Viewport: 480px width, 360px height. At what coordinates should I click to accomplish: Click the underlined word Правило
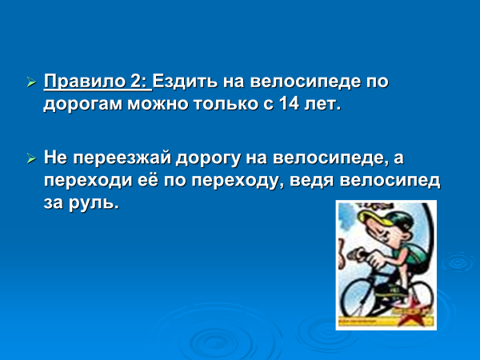(x=83, y=82)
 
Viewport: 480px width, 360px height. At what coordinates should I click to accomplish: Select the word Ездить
(x=185, y=82)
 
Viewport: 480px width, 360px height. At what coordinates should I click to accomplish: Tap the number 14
(x=289, y=104)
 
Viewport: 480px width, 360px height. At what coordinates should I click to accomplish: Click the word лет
(x=322, y=104)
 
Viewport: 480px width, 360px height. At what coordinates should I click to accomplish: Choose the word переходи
(x=88, y=182)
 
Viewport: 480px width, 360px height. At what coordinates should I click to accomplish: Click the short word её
(x=148, y=180)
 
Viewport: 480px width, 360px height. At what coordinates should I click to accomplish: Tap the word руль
(x=94, y=203)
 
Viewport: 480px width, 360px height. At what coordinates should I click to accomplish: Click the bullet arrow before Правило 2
(x=31, y=82)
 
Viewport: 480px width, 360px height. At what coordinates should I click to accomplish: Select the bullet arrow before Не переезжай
(x=31, y=158)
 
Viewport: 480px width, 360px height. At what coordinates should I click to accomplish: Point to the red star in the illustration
(x=414, y=313)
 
